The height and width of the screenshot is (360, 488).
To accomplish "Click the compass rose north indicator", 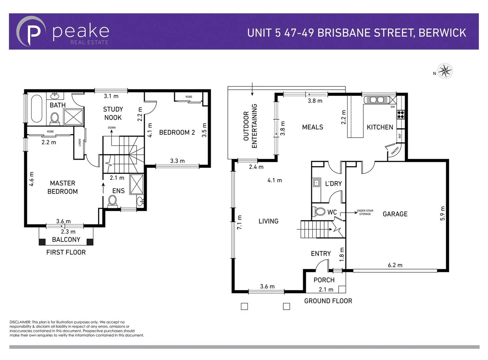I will coord(444,71).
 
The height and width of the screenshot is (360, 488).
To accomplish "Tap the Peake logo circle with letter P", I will coord(31,32).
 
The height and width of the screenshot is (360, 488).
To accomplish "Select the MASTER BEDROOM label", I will coord(62,187).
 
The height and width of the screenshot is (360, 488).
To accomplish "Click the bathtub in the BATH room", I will coord(37,109).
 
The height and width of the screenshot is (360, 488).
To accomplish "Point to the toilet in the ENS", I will coord(112,201).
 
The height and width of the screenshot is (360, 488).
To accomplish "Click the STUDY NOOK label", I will coord(113,113).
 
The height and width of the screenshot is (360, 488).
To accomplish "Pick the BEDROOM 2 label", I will coord(177,132).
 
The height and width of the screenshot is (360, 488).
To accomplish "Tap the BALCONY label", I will coord(66,240).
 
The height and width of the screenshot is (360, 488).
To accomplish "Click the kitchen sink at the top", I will coord(376,99).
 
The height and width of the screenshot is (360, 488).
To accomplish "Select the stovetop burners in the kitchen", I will coord(400,114).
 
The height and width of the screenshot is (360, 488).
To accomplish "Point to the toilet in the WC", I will coord(320,212).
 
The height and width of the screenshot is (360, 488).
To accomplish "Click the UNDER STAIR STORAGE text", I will coord(365,212).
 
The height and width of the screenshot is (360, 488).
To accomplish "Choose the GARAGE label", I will coord(395,214).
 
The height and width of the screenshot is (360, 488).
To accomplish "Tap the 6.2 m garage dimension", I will coord(395,265).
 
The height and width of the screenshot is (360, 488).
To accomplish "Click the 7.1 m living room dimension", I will coord(239,222).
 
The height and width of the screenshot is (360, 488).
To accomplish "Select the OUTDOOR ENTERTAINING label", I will coord(250,126).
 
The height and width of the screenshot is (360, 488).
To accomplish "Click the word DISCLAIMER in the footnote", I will coord(20,322).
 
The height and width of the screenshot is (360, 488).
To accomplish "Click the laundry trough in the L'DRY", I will coord(316,183).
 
